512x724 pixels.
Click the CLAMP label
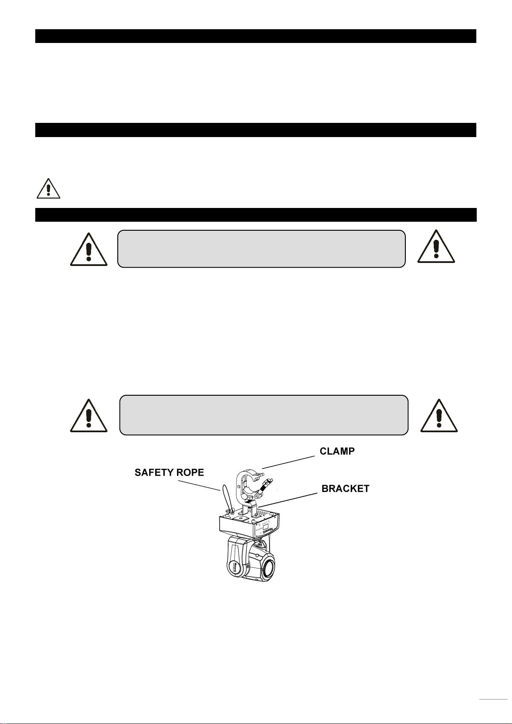337,452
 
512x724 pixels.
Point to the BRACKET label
346,489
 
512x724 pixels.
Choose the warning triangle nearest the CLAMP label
439,416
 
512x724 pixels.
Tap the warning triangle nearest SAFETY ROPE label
89,416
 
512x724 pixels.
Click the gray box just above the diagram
264,415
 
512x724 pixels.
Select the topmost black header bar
256,36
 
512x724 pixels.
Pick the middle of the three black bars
256,130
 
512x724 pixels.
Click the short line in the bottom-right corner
493,700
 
